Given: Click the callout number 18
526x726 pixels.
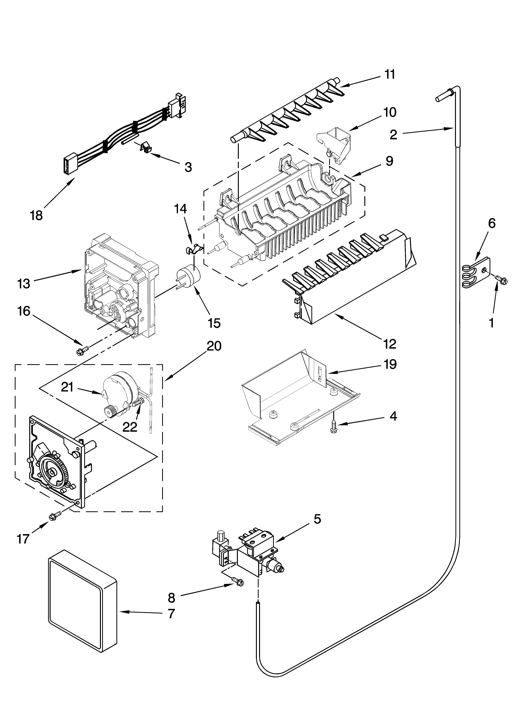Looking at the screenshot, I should click(x=36, y=215).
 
